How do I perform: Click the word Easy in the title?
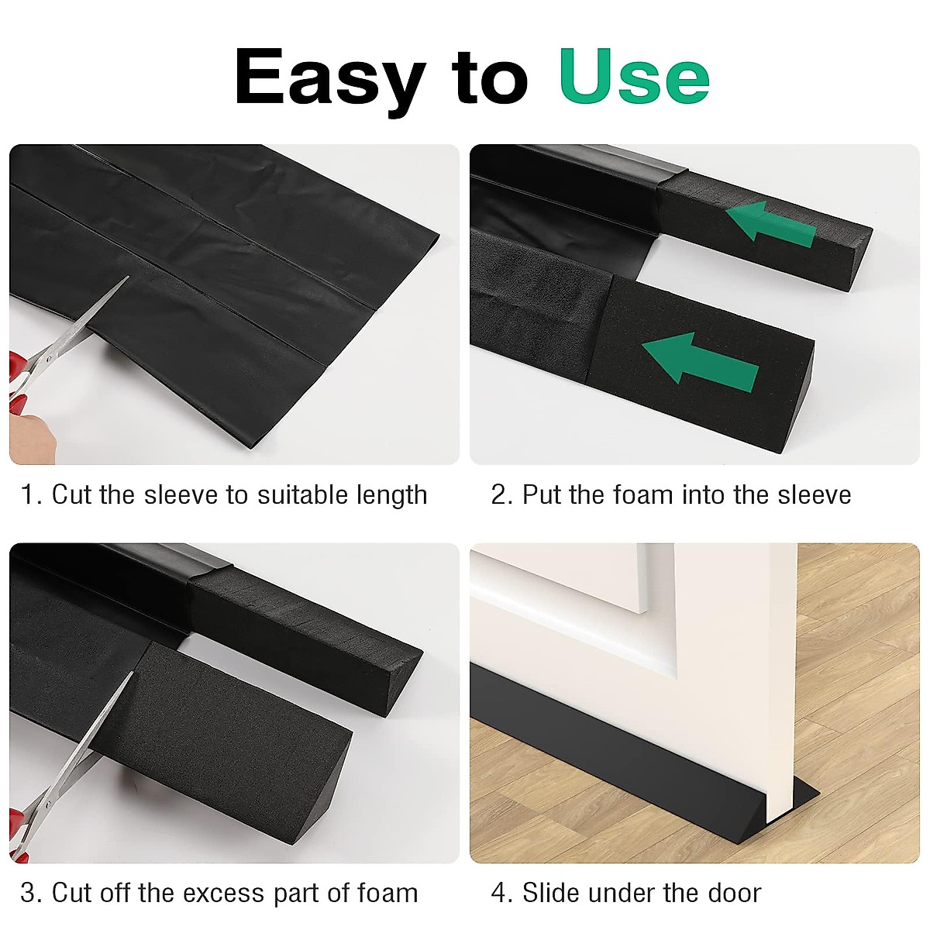pyautogui.click(x=329, y=77)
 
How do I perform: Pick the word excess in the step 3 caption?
pyautogui.click(x=222, y=893)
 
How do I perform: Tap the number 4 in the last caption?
pyautogui.click(x=500, y=893)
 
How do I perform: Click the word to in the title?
pyautogui.click(x=491, y=77)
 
